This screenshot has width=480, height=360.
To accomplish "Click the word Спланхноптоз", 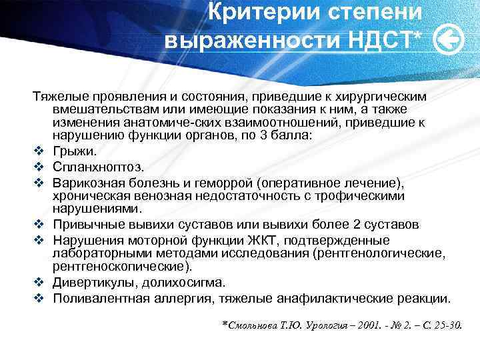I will (x=97, y=167).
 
